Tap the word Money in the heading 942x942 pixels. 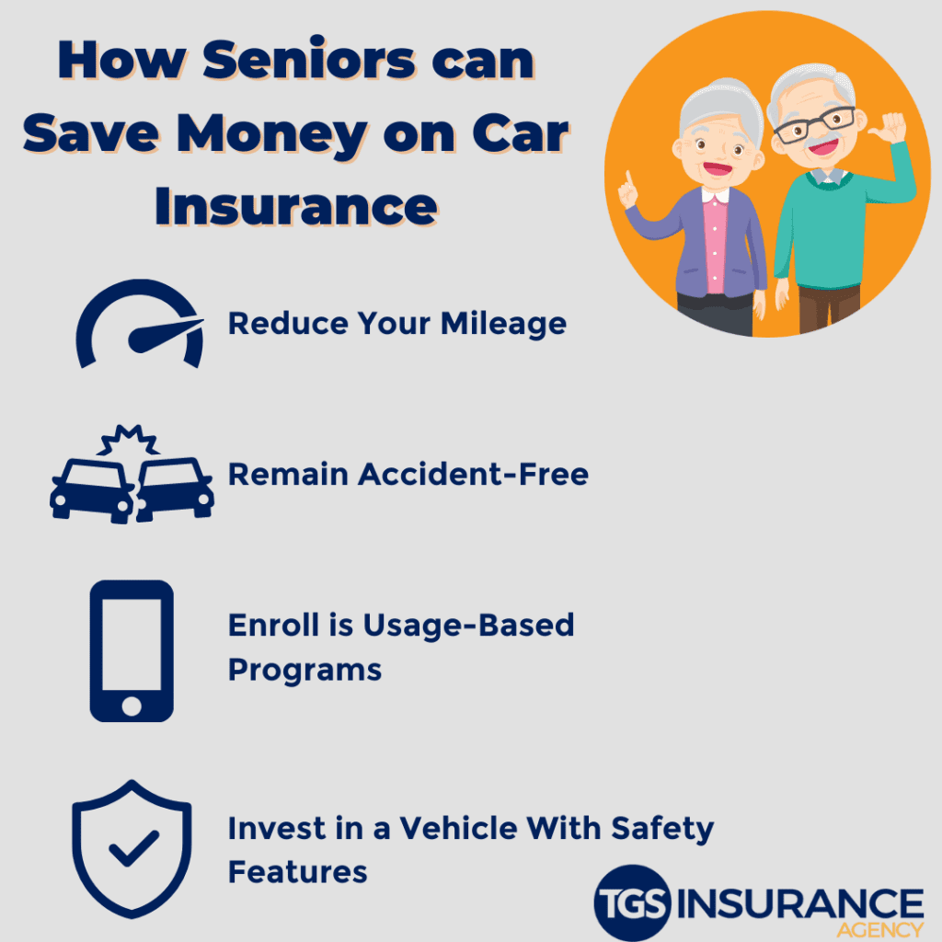coord(273,135)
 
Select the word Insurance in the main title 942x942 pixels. coord(295,207)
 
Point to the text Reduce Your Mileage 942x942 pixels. coord(396,324)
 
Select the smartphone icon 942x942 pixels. coord(132,650)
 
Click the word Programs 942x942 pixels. coord(304,670)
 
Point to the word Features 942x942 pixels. coord(297,871)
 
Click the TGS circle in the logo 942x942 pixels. coord(633,903)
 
